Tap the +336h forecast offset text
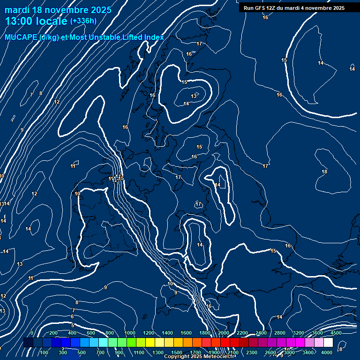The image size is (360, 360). coord(83,21)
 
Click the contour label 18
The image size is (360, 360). coord(324,172)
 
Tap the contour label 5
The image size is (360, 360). coord(73,325)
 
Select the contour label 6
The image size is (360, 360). coord(72,317)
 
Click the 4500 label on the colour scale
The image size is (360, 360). coord(336,333)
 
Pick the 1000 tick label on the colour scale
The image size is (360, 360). coord(130,333)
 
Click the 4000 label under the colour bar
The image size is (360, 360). coord(327,352)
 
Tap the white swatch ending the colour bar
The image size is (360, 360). coord(328,343)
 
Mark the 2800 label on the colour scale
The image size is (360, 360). coord(280,333)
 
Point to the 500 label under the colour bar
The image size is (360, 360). coord(81,352)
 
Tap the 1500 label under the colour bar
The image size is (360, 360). coord(177,352)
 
